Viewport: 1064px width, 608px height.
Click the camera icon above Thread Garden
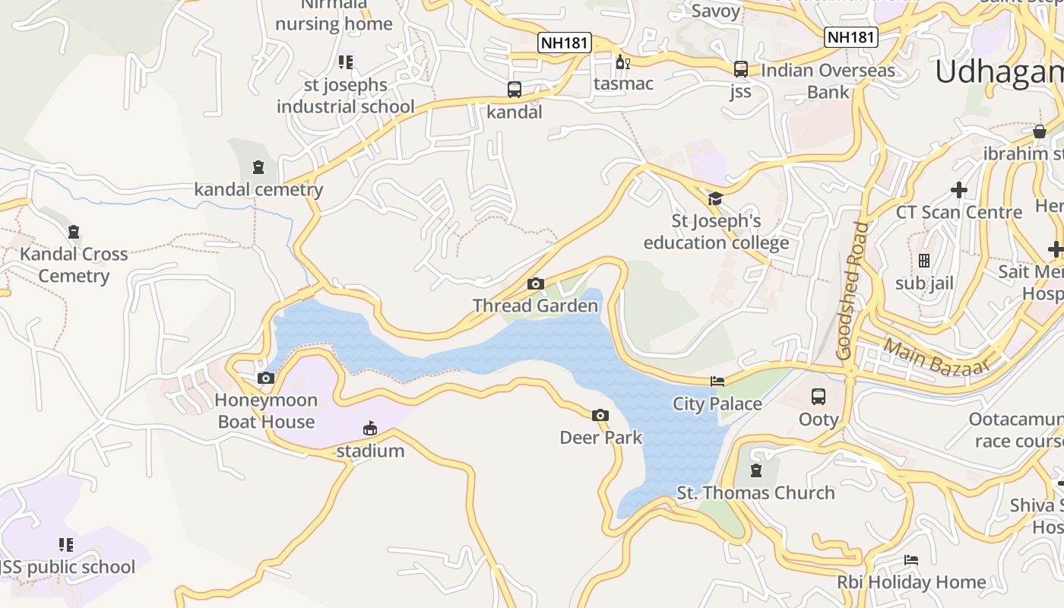[x=536, y=284]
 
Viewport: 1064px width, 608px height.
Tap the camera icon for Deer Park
[x=600, y=415]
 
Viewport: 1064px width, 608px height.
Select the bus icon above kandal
[x=515, y=90]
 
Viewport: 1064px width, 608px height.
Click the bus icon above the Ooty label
[x=819, y=397]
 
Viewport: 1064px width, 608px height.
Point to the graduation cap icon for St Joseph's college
[x=715, y=199]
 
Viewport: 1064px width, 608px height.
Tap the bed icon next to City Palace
[x=717, y=382]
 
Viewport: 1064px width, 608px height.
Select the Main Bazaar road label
[x=937, y=356]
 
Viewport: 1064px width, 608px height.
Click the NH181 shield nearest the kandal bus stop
[x=564, y=43]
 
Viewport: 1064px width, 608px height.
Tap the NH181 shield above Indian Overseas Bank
[x=851, y=37]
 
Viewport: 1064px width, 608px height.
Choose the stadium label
[x=370, y=451]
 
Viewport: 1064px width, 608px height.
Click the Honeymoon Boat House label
[x=266, y=411]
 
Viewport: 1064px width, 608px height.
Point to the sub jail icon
[x=924, y=261]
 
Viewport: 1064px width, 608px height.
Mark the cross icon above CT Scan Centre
[x=959, y=189]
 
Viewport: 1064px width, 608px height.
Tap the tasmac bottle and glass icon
[x=623, y=62]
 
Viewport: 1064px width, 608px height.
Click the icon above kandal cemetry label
[x=258, y=167]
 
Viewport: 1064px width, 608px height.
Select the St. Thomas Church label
[x=755, y=492]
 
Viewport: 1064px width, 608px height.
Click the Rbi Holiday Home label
[x=911, y=582]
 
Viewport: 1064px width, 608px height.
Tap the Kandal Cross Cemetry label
[x=74, y=264]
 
